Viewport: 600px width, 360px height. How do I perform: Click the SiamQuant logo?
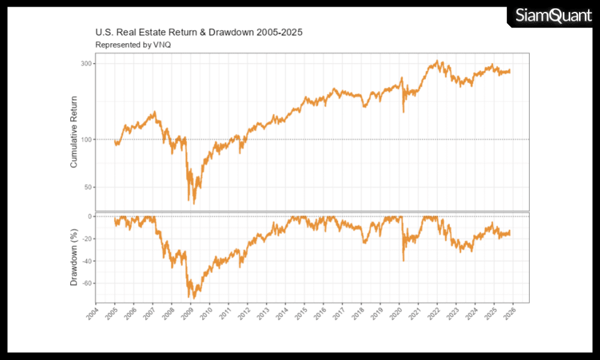coord(553,16)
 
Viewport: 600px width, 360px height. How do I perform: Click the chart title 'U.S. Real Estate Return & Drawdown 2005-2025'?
coord(199,32)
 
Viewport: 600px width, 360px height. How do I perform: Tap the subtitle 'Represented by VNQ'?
coord(133,45)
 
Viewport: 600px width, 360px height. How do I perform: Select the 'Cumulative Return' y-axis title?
coord(74,131)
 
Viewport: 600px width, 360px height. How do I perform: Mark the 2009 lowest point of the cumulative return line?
coord(193,204)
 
